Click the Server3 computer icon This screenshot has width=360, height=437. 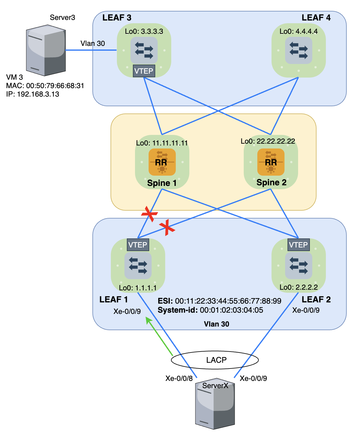point(46,50)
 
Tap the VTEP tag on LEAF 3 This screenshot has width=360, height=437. point(144,71)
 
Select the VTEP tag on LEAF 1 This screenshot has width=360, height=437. point(138,245)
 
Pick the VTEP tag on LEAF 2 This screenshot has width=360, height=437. point(298,245)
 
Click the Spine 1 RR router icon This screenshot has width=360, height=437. point(162,162)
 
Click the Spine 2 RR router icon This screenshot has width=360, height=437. point(271,162)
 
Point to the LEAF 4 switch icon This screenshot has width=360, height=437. point(298,50)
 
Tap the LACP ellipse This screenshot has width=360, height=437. point(215,360)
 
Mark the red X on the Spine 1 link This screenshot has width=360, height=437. point(149,214)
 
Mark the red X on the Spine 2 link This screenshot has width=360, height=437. point(167,228)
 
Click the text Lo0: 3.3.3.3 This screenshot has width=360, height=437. point(144,31)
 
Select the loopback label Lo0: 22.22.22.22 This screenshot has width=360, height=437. point(268,141)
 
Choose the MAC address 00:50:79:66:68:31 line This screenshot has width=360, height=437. point(45,86)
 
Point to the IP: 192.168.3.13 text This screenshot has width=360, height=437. point(33,94)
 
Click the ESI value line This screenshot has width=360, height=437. point(219,301)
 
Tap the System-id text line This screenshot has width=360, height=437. point(210,310)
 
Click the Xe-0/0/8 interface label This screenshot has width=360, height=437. point(179,378)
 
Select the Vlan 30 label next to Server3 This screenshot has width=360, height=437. point(92,43)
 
